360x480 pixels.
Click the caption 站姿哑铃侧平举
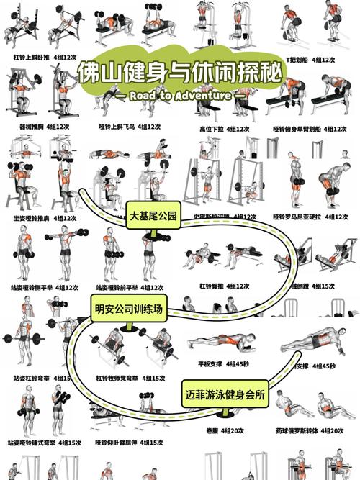(32, 288)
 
